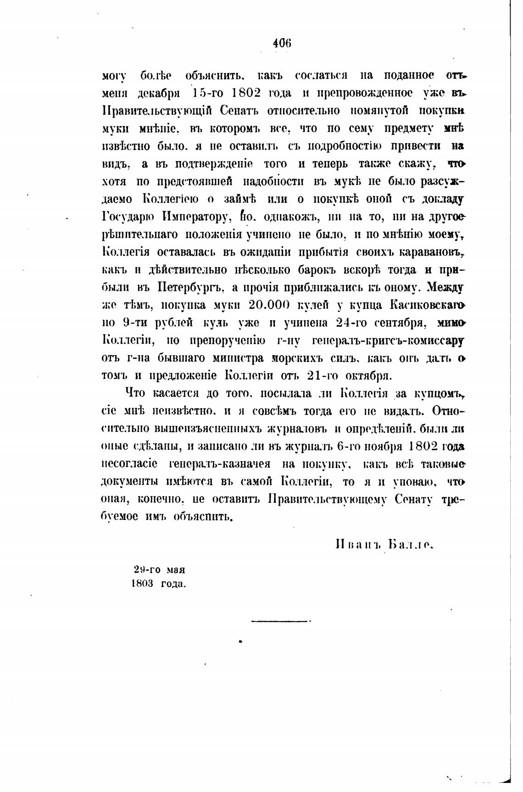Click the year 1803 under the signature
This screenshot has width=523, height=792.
[x=142, y=584]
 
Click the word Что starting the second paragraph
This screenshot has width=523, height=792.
[x=135, y=393]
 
